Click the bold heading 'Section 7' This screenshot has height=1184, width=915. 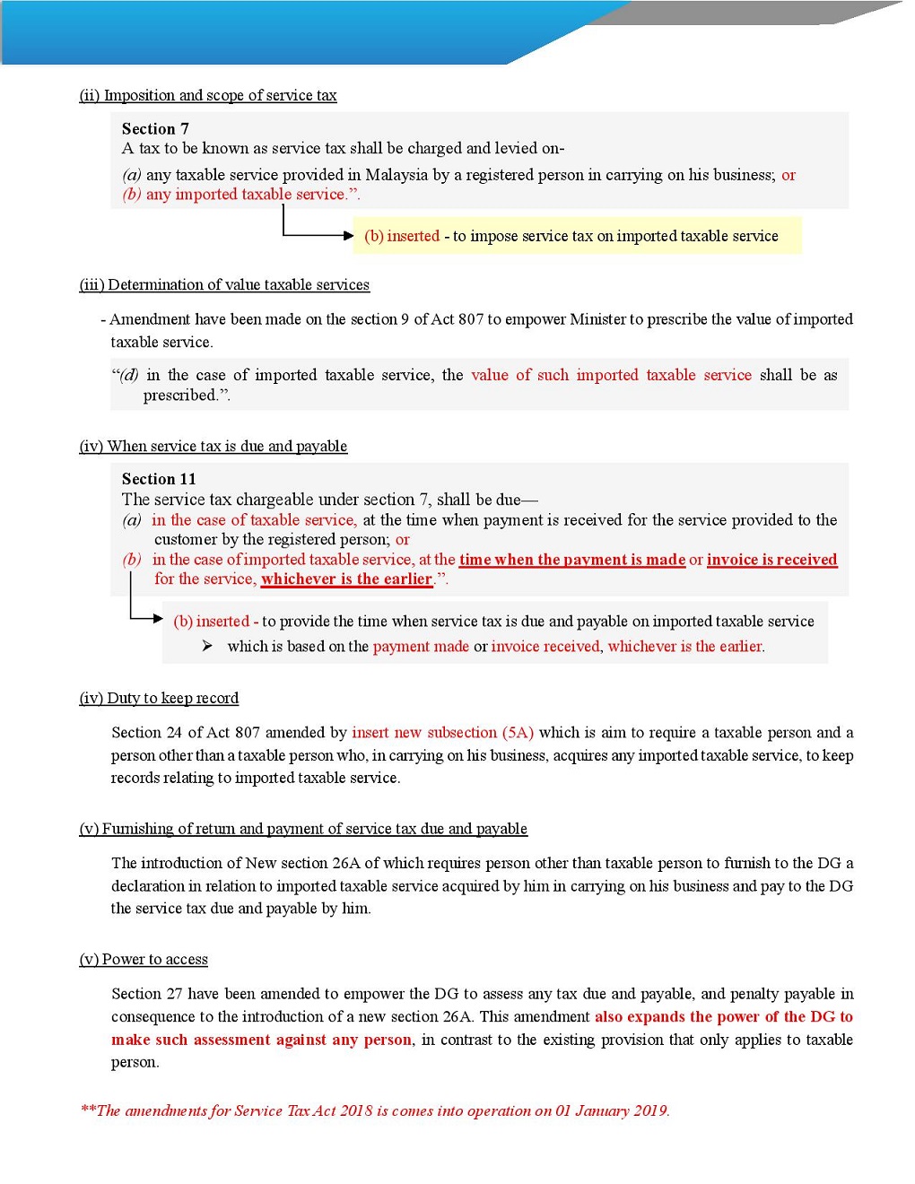[x=155, y=129]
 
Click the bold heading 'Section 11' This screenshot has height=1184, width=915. [x=159, y=479]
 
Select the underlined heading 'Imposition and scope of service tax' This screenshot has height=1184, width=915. [x=220, y=96]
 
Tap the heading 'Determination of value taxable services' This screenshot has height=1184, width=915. [x=238, y=285]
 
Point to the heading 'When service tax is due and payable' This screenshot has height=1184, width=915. [x=227, y=447]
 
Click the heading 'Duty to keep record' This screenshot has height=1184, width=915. [x=172, y=699]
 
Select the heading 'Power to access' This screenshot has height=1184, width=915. [x=154, y=960]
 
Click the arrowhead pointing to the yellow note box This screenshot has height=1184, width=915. [x=349, y=236]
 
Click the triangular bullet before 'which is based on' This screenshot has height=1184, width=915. [x=207, y=646]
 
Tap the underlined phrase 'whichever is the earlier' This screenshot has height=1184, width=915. [x=347, y=579]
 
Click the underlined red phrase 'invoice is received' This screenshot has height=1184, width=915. [x=771, y=560]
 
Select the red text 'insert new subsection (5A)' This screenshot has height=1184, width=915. [x=442, y=733]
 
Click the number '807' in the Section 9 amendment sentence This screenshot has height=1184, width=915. [x=471, y=319]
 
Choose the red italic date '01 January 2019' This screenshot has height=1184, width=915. [x=611, y=1111]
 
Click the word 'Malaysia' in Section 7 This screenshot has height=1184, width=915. [x=396, y=175]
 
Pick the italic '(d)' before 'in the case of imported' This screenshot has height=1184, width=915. [x=129, y=376]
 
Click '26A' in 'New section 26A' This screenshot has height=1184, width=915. [x=346, y=863]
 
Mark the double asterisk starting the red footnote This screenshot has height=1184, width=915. [x=88, y=1110]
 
